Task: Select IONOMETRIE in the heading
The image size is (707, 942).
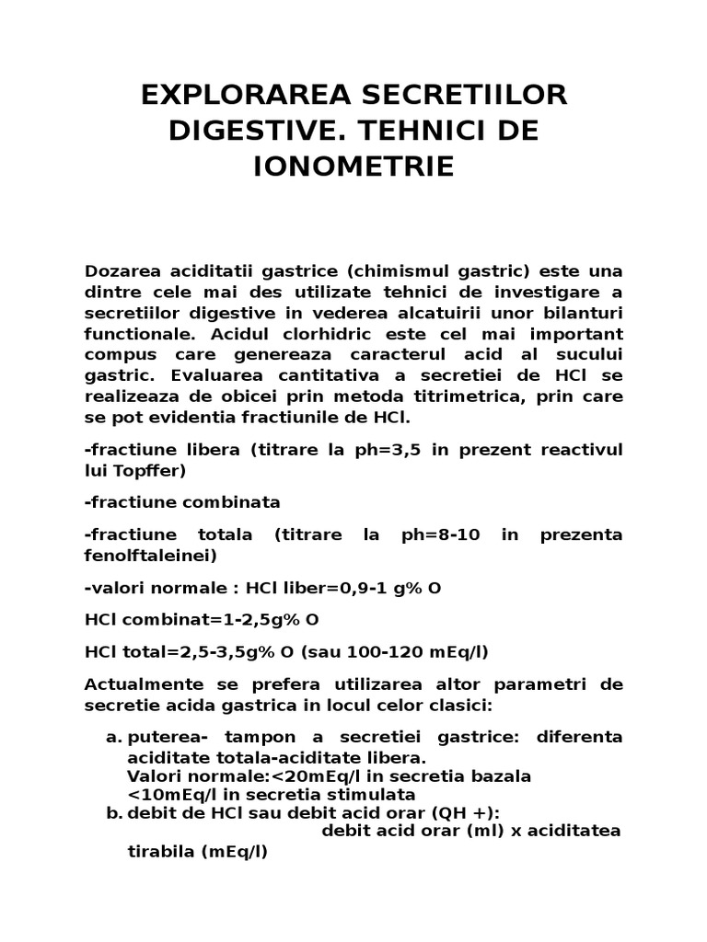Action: pos(353,167)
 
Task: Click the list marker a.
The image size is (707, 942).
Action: pos(113,737)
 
